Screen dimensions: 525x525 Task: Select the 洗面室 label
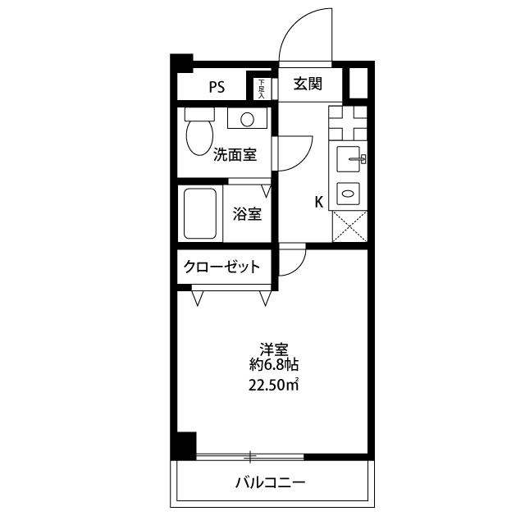235,154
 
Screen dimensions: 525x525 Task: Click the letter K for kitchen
319,203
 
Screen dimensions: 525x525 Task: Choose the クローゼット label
222,267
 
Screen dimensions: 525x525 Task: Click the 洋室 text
273,348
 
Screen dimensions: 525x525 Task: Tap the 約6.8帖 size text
273,365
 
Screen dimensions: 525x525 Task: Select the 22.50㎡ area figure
273,385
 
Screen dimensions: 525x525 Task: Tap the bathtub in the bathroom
201,214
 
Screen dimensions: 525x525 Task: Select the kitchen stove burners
348,125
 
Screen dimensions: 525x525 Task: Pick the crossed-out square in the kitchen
348,224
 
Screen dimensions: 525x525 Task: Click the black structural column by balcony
185,445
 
